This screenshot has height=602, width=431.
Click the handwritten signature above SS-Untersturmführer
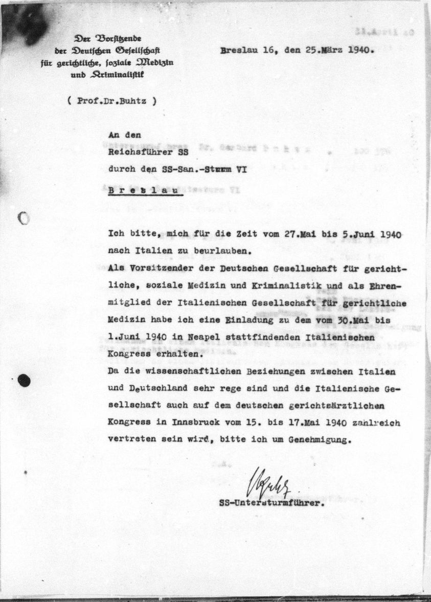point(265,481)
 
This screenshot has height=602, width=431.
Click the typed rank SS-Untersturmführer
point(271,503)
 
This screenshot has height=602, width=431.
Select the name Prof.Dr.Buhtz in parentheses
point(111,101)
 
